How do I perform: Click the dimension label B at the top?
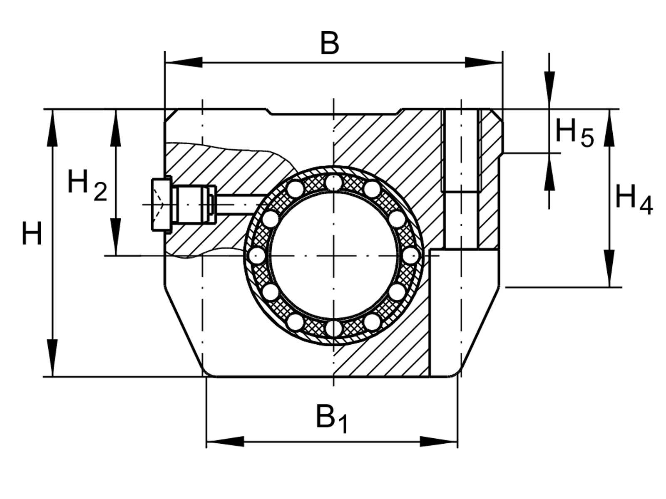tap(329, 43)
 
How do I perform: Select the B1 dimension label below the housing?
tap(331, 418)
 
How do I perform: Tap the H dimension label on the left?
tap(32, 234)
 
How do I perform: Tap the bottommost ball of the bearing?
tap(333, 329)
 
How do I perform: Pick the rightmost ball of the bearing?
tap(410, 255)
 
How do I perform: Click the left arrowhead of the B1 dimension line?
tap(225, 442)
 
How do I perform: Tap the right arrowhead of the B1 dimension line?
tap(439, 442)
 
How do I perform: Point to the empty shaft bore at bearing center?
tap(333, 255)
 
